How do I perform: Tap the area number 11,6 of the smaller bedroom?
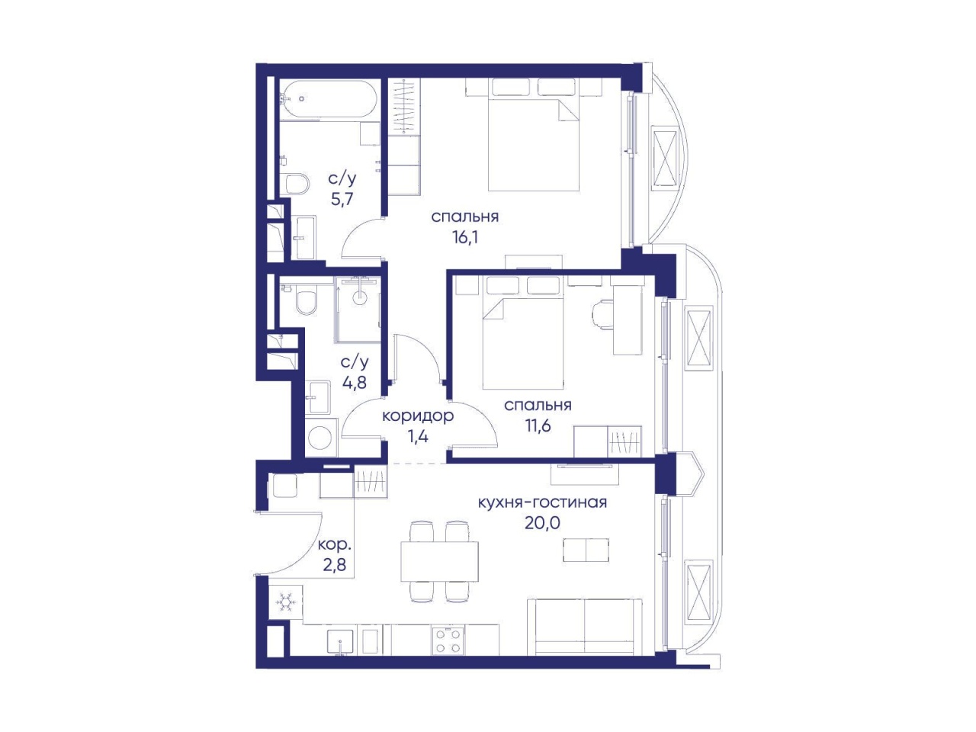click(x=538, y=425)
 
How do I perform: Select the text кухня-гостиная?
click(x=542, y=502)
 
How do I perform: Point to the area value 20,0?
click(x=542, y=524)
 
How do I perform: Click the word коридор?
click(x=418, y=416)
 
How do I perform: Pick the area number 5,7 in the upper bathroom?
click(x=342, y=199)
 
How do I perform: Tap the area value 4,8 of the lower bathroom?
click(x=355, y=382)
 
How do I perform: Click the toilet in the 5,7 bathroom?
click(x=297, y=183)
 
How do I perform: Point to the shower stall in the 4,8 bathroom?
click(x=358, y=310)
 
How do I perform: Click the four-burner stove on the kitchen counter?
click(x=448, y=640)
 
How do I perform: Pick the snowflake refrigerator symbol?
click(x=285, y=603)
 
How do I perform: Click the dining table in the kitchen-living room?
click(x=439, y=561)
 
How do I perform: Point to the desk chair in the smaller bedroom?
click(x=602, y=316)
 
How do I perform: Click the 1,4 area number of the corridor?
click(x=418, y=437)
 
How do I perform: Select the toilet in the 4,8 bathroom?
click(x=307, y=302)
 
